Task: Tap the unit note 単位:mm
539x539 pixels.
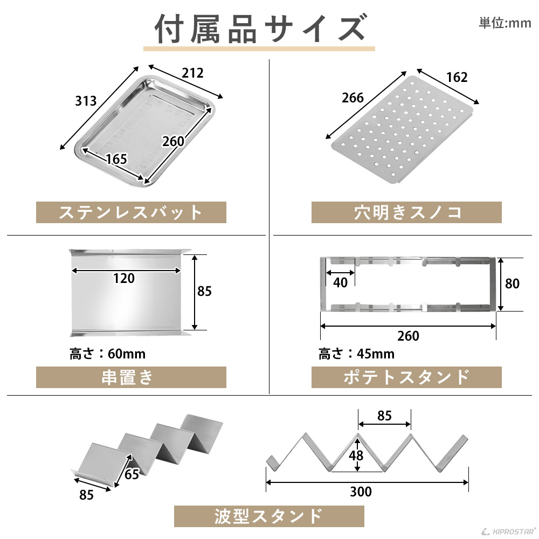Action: [505, 23]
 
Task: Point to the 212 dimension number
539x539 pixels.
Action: [192, 73]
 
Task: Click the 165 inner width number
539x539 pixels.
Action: [116, 159]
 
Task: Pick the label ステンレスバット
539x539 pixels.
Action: [131, 212]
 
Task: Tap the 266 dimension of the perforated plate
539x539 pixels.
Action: [353, 98]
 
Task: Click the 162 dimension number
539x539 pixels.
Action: [457, 77]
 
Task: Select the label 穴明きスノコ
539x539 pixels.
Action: [406, 212]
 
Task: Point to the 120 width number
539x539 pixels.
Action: [124, 278]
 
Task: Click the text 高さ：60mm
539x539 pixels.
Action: [107, 354]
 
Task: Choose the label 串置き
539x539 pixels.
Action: [131, 377]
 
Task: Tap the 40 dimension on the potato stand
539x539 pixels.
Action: [341, 283]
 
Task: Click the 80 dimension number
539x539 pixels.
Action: [512, 283]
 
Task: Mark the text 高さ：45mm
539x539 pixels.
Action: [356, 354]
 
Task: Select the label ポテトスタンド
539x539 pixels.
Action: [406, 377]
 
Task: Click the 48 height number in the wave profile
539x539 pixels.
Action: [356, 455]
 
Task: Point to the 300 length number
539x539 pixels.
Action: [361, 492]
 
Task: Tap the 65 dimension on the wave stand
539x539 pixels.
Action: [132, 474]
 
